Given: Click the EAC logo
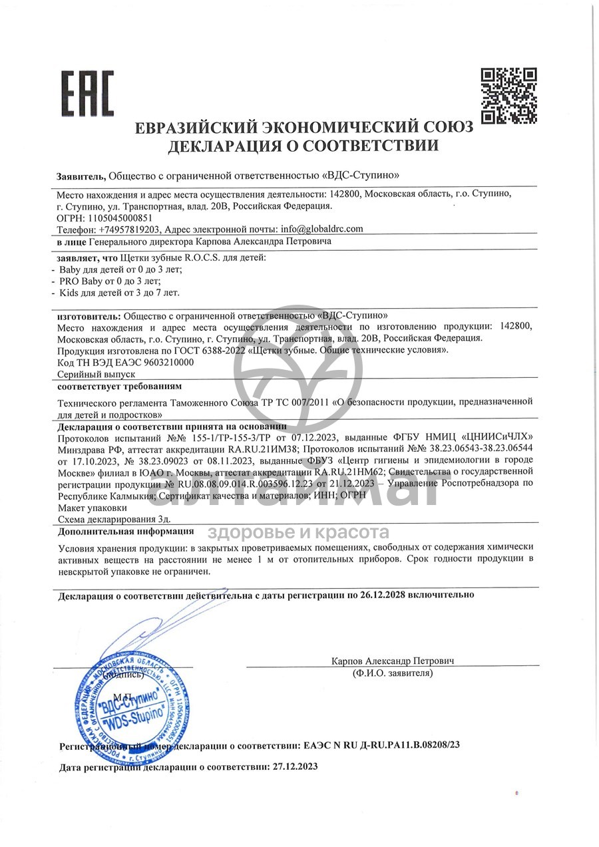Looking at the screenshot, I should [88, 94].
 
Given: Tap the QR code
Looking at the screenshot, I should [508, 95].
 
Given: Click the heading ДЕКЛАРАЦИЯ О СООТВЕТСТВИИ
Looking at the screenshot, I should [303, 146].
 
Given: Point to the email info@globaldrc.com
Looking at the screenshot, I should [322, 228].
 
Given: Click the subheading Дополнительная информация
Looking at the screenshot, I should [126, 531].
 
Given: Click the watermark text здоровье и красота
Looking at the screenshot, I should [299, 532].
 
